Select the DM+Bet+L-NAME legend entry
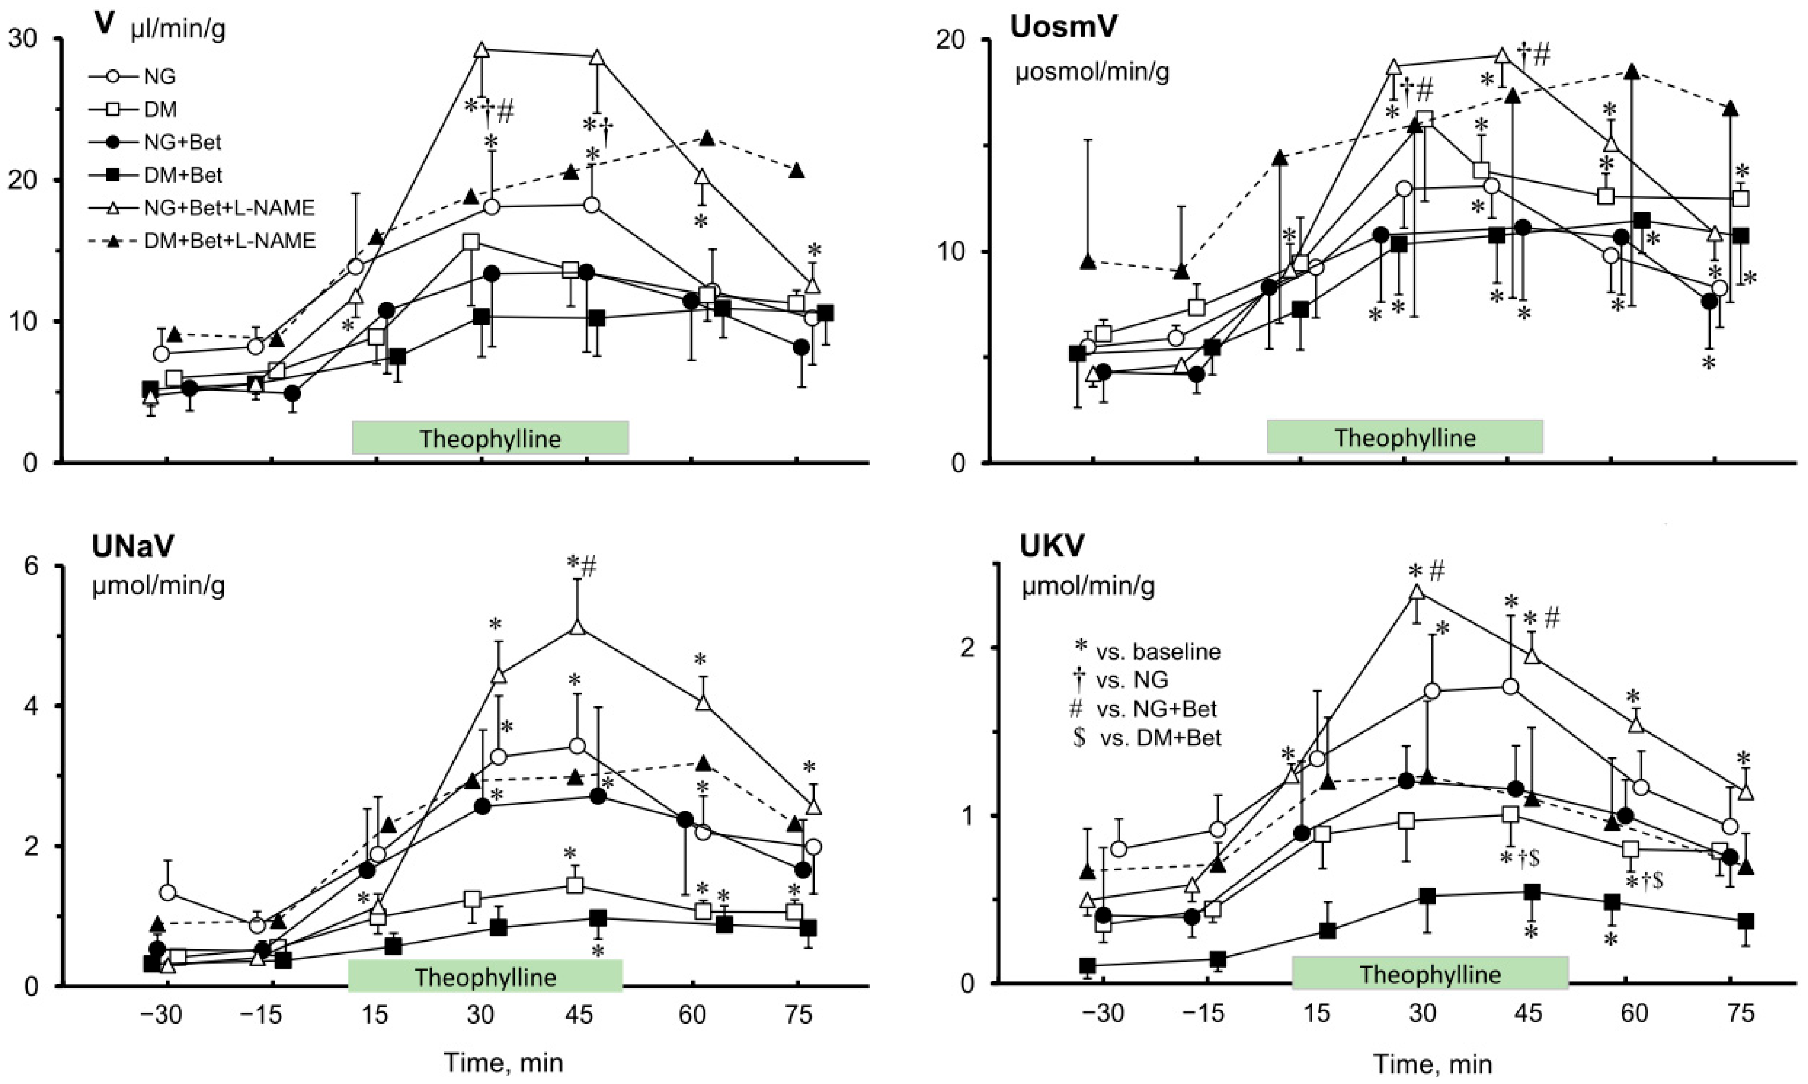click(x=201, y=240)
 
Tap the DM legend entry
click(x=133, y=109)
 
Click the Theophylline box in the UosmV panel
click(x=1405, y=437)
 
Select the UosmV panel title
click(x=1064, y=27)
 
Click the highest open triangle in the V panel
click(x=482, y=50)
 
